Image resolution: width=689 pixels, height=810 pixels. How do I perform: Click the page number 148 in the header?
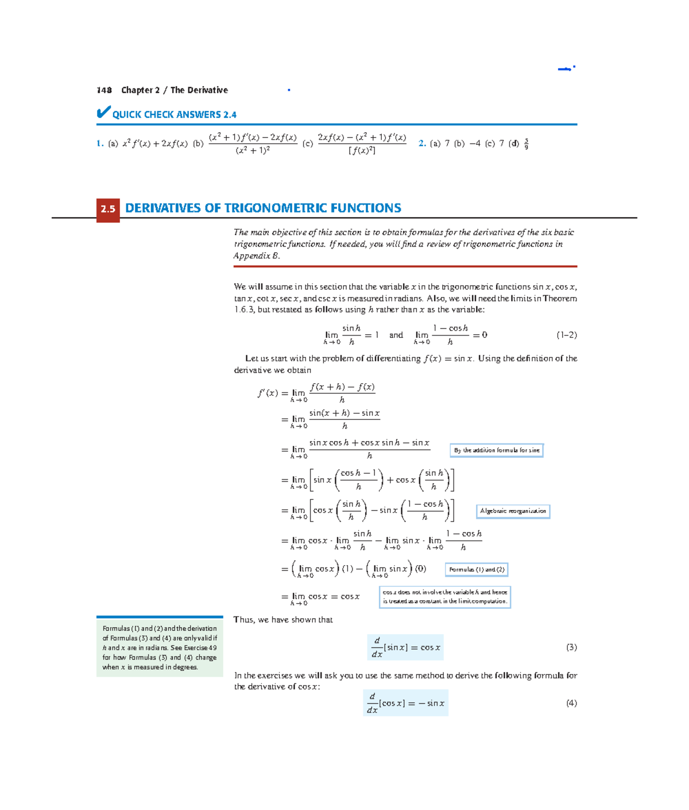(x=104, y=90)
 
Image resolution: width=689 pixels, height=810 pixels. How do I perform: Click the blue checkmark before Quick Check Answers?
(x=103, y=112)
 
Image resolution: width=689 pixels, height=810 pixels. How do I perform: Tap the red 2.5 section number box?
(x=108, y=209)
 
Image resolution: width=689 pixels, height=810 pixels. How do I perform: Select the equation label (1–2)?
(x=566, y=335)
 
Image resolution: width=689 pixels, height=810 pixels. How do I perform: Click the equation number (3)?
(x=571, y=647)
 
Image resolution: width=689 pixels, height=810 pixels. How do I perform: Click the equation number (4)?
(x=571, y=703)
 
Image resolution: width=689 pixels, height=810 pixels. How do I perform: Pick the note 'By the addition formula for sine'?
(x=497, y=450)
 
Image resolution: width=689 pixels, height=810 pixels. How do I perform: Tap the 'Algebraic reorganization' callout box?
(x=513, y=511)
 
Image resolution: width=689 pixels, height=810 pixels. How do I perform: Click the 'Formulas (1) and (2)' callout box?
(x=477, y=569)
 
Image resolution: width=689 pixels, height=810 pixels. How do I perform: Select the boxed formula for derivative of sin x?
(x=406, y=647)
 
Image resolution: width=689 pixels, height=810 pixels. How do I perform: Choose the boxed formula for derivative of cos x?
(x=406, y=703)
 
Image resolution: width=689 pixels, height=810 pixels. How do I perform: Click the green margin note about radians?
(x=160, y=647)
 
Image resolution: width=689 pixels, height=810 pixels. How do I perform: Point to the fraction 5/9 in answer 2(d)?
(x=527, y=144)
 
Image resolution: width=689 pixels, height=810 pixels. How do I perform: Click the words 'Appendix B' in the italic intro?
(x=256, y=256)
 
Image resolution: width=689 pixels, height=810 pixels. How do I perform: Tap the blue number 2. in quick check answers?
(x=422, y=144)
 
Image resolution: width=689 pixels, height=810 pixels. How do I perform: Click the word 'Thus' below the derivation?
(x=243, y=620)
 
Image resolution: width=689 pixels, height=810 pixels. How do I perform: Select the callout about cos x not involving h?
(x=444, y=597)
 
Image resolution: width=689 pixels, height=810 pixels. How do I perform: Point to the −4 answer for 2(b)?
(x=474, y=144)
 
